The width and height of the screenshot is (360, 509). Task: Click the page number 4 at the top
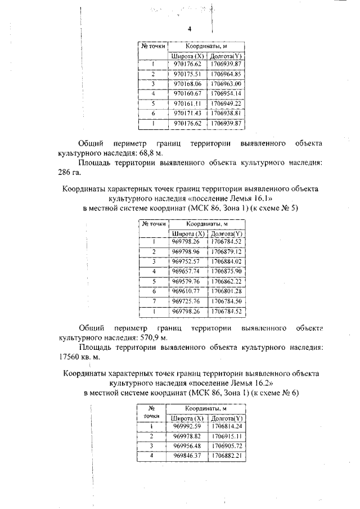coord(189,29)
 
